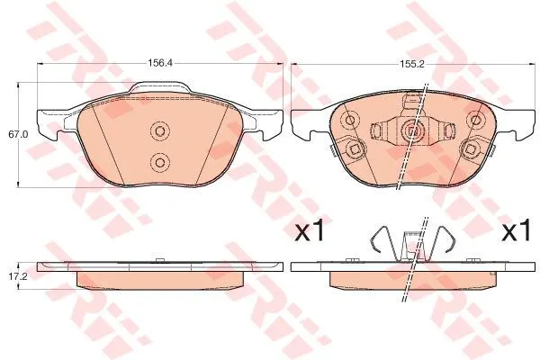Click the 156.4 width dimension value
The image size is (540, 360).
click(160, 63)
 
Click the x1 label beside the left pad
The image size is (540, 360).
click(310, 230)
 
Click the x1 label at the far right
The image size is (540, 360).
click(516, 230)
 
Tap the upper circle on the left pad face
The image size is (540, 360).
click(160, 130)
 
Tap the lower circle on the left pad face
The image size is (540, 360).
click(160, 162)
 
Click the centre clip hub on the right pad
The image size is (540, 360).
click(412, 130)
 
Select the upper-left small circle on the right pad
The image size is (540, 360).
click(350, 121)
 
